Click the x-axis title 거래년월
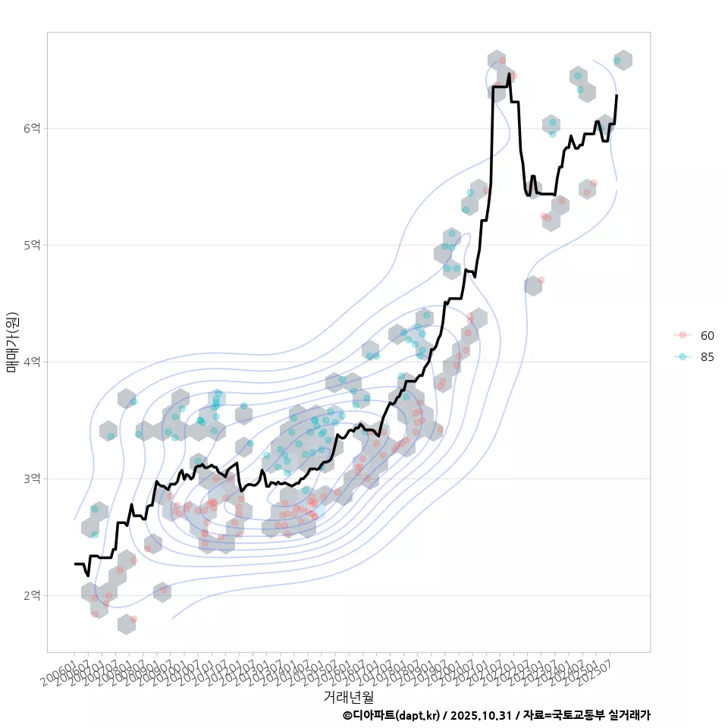pos(348,696)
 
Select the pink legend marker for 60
pos(682,335)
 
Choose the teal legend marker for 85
pos(682,357)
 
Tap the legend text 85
pos(708,357)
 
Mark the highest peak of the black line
pos(509,74)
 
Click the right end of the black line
pos(617,96)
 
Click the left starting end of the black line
pos(75,563)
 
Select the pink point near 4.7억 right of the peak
pos(541,280)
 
